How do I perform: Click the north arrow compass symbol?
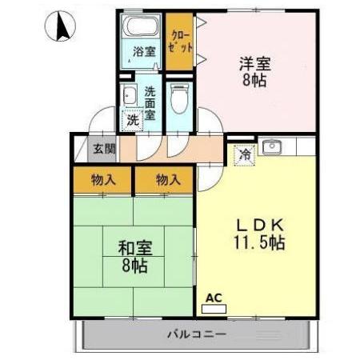click(x=58, y=29)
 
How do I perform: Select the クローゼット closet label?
click(x=180, y=41)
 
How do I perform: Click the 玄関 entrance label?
click(x=103, y=149)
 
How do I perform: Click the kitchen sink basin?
click(x=273, y=147)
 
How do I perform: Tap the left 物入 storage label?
click(x=104, y=180)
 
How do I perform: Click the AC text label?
click(x=212, y=298)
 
